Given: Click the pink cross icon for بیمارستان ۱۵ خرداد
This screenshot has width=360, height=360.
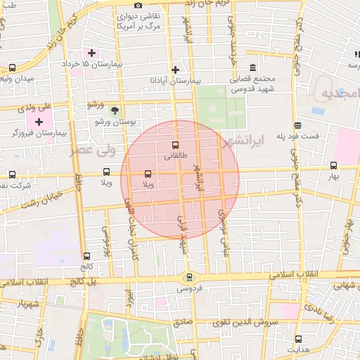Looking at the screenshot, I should pyautogui.click(x=91, y=53).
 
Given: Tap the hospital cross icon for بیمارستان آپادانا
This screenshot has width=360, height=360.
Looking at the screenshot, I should pyautogui.click(x=175, y=69).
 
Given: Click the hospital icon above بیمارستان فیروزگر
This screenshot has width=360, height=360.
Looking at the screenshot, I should pyautogui.click(x=38, y=121).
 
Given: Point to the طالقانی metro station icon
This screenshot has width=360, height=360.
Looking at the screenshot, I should pyautogui.click(x=175, y=146).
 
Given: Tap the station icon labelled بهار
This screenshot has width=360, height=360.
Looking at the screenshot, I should pyautogui.click(x=333, y=166).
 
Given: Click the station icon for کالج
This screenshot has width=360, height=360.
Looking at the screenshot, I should pyautogui.click(x=87, y=256).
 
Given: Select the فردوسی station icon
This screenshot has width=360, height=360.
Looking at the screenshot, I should pyautogui.click(x=188, y=276).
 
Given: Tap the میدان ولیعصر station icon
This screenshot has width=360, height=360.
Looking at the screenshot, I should pyautogui.click(x=12, y=67).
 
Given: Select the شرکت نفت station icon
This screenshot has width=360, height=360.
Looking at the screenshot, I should pyautogui.click(x=12, y=174).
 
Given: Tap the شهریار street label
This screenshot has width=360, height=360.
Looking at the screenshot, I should pyautogui.click(x=15, y=304).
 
